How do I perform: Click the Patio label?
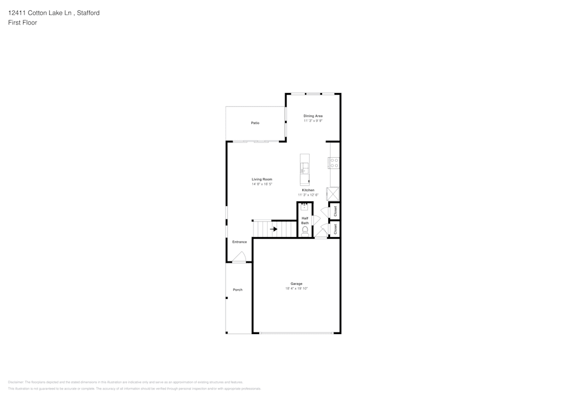tap(255, 123)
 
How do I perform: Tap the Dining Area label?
tap(313, 116)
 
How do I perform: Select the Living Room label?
tap(262, 179)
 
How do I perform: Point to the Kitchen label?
tap(308, 190)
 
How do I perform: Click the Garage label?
tap(297, 284)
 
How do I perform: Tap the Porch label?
tap(238, 290)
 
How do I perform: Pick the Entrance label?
tap(239, 242)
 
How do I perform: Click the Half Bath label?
tap(305, 221)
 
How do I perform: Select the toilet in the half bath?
tap(305, 230)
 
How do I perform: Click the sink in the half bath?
tap(304, 206)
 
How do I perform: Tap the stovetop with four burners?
tap(335, 163)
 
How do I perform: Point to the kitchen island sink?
tap(304, 167)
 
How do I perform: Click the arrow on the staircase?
tap(273, 229)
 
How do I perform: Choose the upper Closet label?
tap(335, 211)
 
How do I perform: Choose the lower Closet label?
tap(335, 229)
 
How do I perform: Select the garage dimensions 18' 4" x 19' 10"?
tap(297, 289)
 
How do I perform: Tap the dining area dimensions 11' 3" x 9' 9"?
tap(313, 121)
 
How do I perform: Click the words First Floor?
tap(23, 23)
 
